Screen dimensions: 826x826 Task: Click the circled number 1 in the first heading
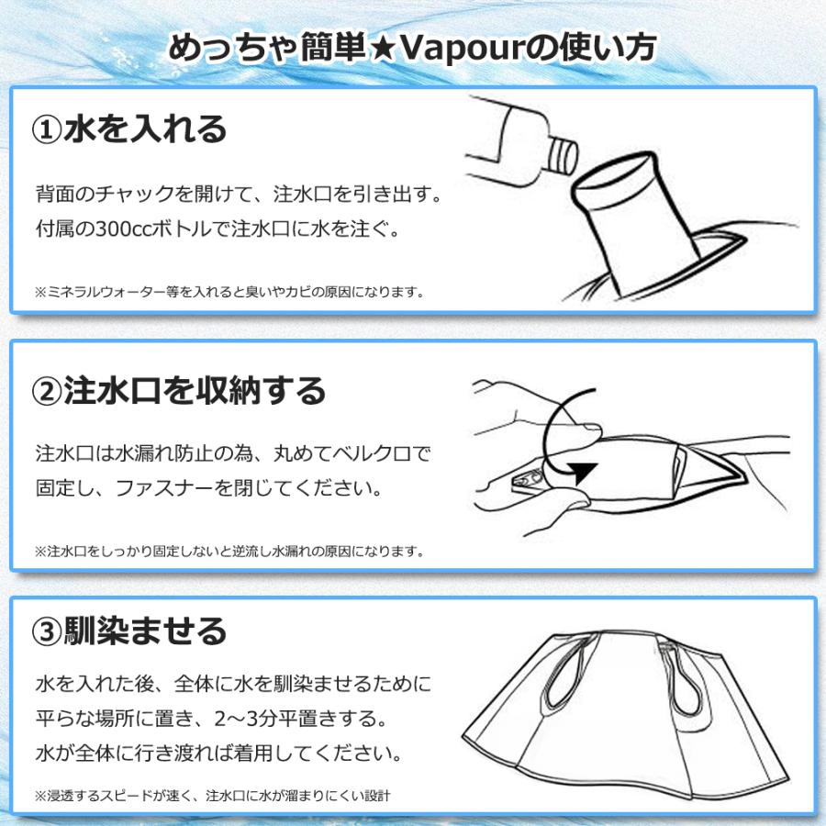pos(47,129)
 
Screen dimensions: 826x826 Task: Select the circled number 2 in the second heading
pos(47,392)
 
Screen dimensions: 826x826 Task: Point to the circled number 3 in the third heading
pos(47,631)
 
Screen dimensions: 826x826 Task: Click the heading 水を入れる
pos(144,129)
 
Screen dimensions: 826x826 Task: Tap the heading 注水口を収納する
pos(195,392)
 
